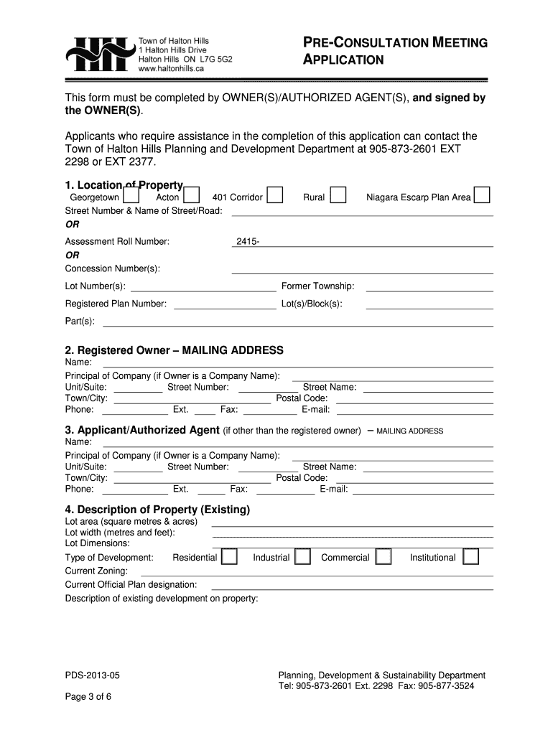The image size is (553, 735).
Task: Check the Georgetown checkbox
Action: (131, 195)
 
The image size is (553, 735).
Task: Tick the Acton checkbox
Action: (192, 195)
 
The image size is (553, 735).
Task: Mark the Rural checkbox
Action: (338, 195)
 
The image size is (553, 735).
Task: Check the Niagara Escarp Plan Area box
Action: (483, 195)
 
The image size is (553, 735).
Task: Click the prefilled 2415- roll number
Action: (247, 242)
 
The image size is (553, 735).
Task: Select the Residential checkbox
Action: (229, 558)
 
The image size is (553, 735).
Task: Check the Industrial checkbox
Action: (302, 558)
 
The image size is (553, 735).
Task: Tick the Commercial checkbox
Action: (384, 558)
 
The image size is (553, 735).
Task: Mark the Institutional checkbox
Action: (470, 558)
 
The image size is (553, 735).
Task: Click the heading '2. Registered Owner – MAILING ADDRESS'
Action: (174, 350)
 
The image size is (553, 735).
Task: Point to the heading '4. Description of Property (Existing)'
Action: (157, 510)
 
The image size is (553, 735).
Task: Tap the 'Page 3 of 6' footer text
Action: (88, 697)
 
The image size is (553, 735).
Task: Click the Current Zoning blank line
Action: (316, 572)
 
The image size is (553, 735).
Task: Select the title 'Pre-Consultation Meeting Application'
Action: (392, 51)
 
